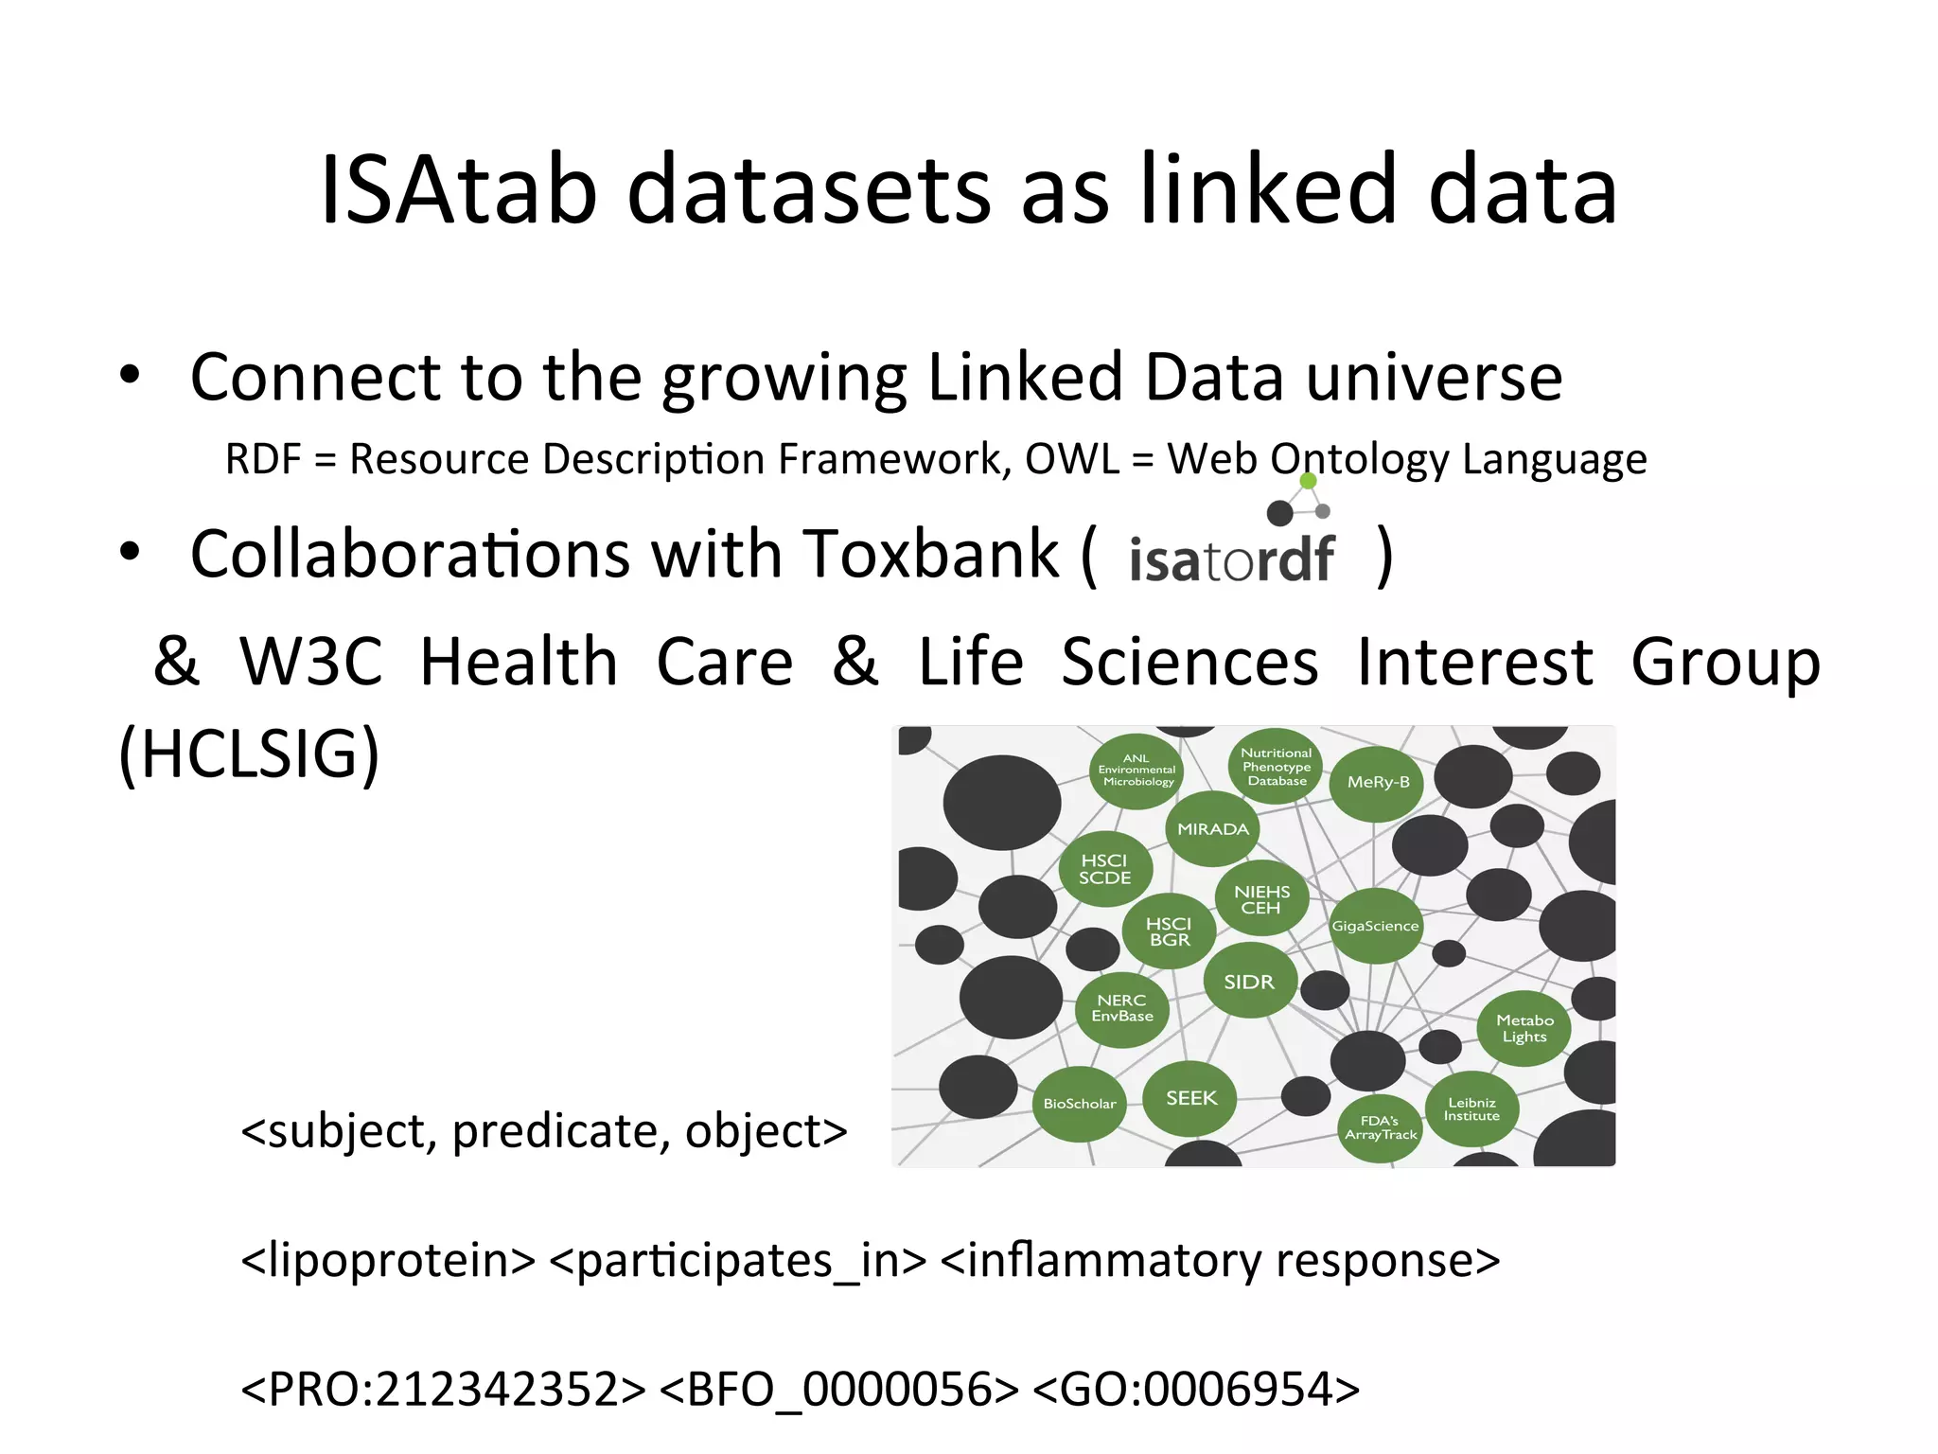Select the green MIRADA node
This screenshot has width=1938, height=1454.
point(1212,829)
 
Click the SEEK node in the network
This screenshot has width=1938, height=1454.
point(1190,1098)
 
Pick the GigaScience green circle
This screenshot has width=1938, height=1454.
point(1375,926)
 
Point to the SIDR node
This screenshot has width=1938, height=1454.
point(1249,982)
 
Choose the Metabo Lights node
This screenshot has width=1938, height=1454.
point(1524,1028)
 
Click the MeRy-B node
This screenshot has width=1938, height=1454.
point(1378,782)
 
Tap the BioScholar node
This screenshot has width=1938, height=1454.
point(1079,1104)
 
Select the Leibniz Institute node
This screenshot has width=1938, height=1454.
point(1471,1108)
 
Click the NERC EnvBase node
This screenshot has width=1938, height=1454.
point(1122,1008)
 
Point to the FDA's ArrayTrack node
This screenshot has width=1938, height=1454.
point(1381,1127)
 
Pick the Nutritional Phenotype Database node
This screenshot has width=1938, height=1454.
point(1277,767)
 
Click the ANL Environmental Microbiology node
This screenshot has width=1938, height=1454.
point(1136,771)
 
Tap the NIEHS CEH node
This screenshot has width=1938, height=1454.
point(1261,899)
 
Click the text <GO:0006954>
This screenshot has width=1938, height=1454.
point(1196,1390)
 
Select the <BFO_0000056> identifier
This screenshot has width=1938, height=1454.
point(838,1390)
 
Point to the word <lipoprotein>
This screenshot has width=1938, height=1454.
point(388,1261)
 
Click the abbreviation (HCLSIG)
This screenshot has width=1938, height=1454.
point(249,754)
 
